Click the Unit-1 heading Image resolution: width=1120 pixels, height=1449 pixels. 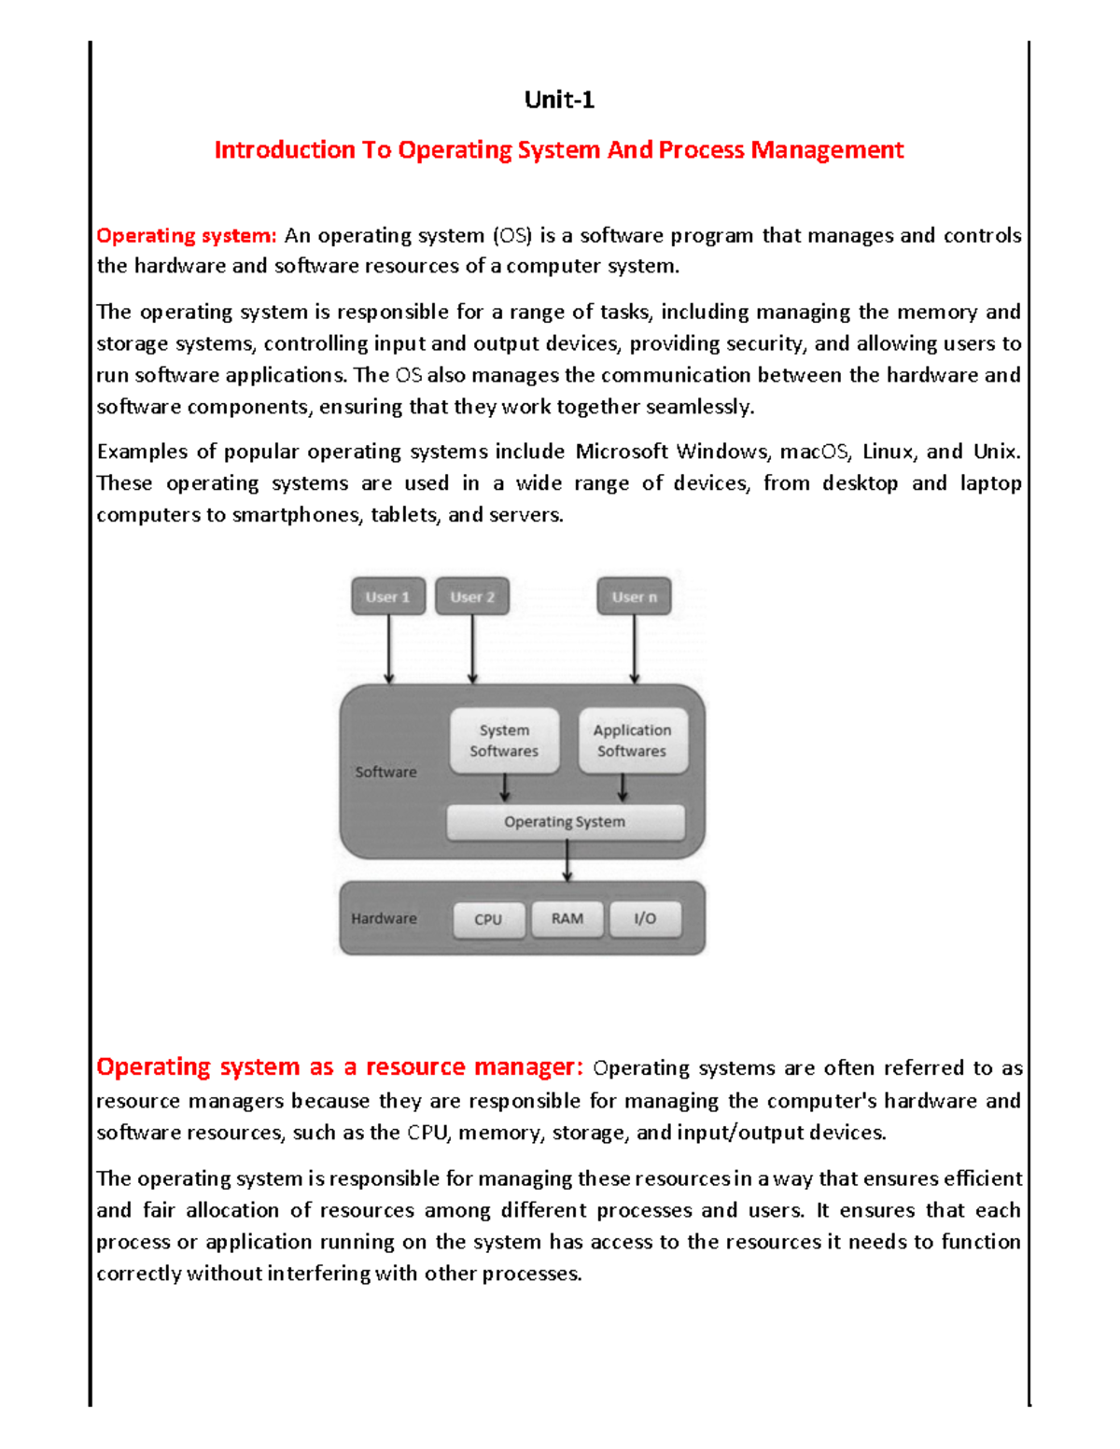click(559, 100)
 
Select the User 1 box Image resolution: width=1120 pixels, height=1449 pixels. click(388, 597)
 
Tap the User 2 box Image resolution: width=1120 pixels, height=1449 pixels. click(472, 597)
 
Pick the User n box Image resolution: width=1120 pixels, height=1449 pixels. click(634, 597)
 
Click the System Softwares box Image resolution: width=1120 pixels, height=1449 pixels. click(504, 741)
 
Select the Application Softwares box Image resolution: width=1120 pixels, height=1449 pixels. click(632, 741)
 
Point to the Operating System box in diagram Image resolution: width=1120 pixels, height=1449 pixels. click(565, 822)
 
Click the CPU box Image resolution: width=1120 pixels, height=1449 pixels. click(488, 919)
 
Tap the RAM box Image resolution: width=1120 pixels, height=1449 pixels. click(567, 919)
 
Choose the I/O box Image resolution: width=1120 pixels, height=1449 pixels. click(645, 919)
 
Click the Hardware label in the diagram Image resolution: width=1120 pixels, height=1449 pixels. click(384, 919)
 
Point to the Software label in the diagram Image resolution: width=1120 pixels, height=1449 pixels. click(385, 773)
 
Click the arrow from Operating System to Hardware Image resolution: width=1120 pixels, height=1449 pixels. click(567, 861)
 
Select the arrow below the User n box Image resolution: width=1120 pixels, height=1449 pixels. click(634, 649)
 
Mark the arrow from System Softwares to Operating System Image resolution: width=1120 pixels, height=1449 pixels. click(504, 788)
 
